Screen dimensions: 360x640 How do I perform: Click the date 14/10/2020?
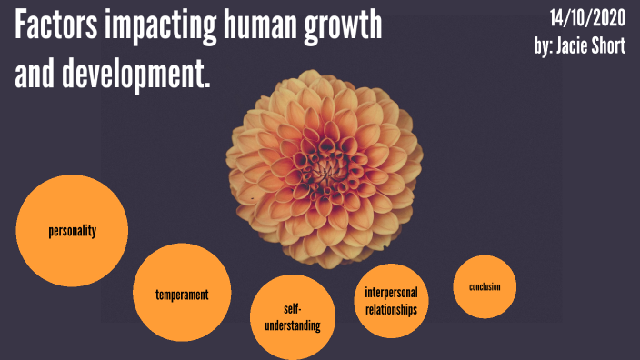coord(587,17)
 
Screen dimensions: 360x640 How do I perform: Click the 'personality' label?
coord(73,230)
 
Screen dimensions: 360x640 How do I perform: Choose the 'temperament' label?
coord(182,295)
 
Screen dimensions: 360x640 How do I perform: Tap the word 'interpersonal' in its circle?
coord(391,293)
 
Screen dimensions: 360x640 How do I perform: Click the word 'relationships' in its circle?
coord(391,309)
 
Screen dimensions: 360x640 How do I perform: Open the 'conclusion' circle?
coord(485,287)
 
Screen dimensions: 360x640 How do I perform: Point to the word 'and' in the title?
coord(34,76)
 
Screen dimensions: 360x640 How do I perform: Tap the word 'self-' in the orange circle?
coord(293,309)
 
